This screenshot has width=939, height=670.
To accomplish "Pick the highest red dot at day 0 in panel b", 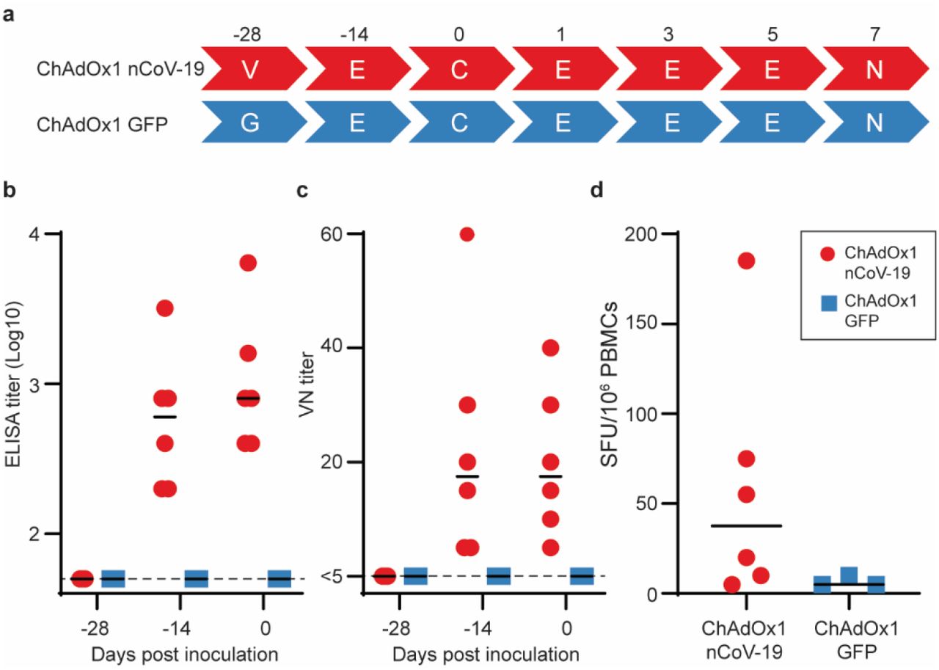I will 248,263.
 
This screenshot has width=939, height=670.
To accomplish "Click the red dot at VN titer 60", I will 467,234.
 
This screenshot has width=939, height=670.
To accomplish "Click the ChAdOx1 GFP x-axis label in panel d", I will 852,628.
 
